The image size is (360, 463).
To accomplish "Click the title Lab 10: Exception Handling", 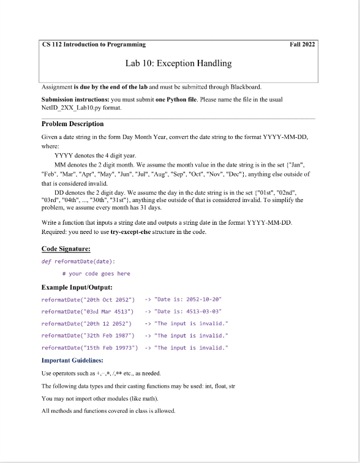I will tap(178, 63).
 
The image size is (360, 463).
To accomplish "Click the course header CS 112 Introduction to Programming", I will tap(94, 44).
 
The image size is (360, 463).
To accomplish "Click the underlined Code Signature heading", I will tap(66, 249).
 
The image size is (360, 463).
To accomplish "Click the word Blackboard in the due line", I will tap(249, 86).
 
